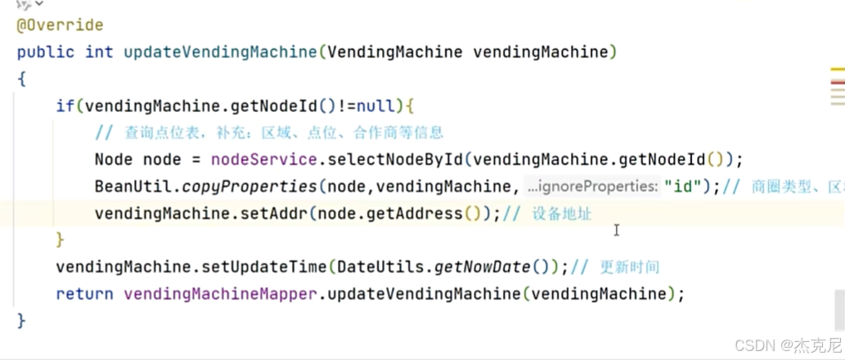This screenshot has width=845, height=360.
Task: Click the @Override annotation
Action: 60,25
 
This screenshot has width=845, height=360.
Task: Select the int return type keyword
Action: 99,52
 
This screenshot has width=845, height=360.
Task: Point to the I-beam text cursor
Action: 616,231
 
